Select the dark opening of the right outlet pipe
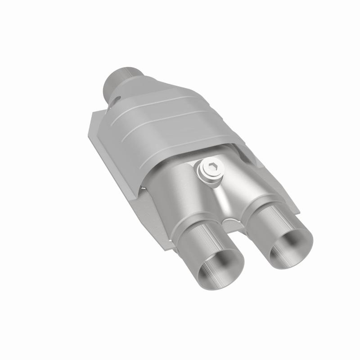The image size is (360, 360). (288, 249)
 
